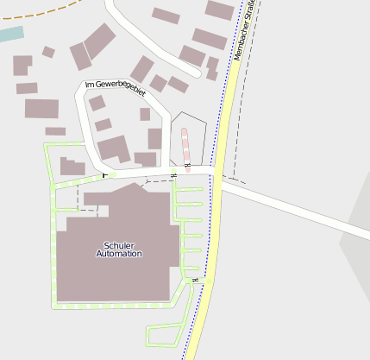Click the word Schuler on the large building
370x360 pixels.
[119, 245]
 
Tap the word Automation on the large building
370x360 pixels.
[119, 255]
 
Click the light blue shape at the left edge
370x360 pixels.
[11, 35]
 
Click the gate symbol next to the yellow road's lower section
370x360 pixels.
[196, 280]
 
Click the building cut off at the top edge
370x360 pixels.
[220, 9]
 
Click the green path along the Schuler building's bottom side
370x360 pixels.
[112, 305]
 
